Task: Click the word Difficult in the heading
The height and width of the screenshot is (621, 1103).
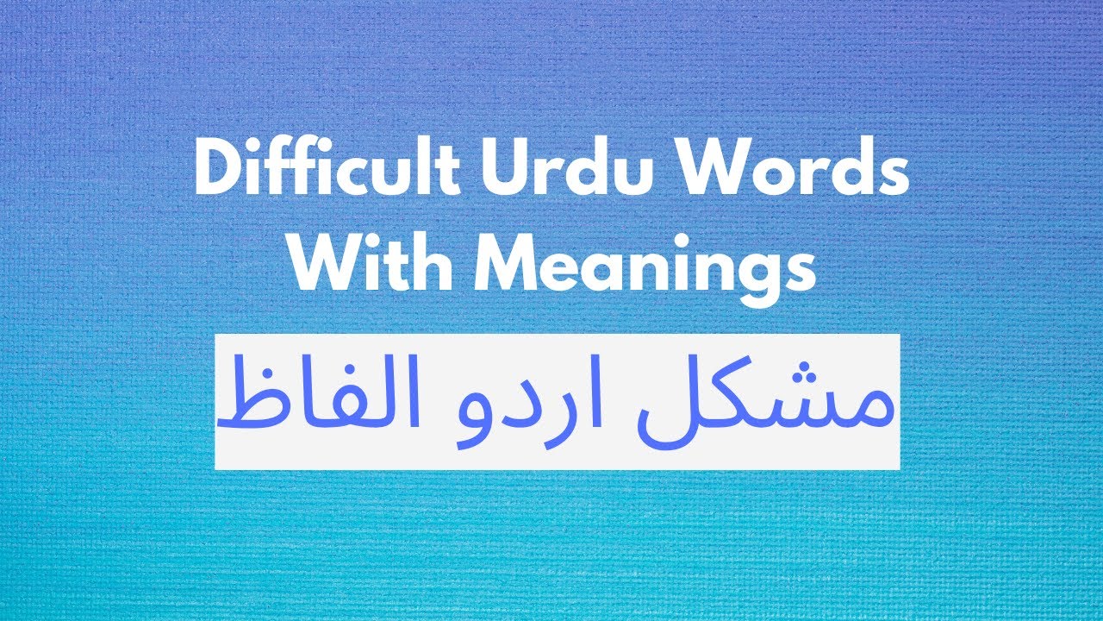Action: pyautogui.click(x=322, y=170)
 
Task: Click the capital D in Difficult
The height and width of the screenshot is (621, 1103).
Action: pyautogui.click(x=215, y=170)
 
